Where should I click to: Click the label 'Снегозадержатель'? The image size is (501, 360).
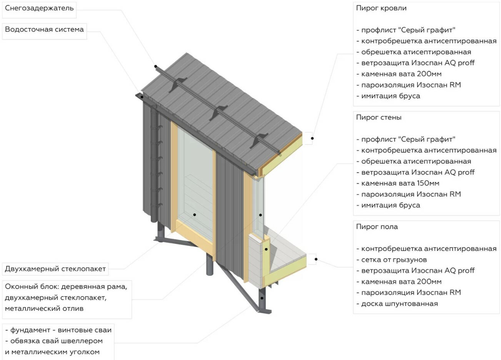(39, 8)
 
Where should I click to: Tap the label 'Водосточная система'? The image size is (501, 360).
(44, 30)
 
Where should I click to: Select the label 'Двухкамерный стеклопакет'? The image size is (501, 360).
(55, 269)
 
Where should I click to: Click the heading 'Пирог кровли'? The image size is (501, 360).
(381, 8)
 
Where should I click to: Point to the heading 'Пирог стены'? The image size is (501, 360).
(379, 118)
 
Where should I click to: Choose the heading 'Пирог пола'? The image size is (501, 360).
(377, 227)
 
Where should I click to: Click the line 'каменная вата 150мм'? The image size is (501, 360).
(400, 183)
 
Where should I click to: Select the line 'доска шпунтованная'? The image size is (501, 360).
(399, 304)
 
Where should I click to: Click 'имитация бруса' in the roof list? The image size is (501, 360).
(390, 96)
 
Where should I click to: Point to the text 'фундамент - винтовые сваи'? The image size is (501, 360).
(61, 330)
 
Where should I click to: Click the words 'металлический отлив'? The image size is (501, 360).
(44, 308)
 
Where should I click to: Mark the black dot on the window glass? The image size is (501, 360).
(195, 215)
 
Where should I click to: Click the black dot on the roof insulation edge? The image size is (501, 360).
(312, 138)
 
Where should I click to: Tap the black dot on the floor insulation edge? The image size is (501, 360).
(316, 259)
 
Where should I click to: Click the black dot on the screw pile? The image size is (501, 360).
(262, 298)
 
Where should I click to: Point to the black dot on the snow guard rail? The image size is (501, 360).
(156, 66)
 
